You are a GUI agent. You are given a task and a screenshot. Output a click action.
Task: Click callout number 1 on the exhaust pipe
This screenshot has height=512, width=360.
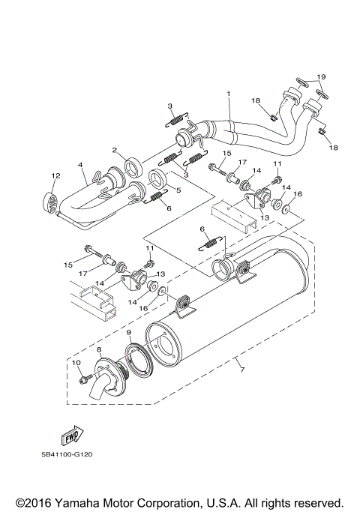229,94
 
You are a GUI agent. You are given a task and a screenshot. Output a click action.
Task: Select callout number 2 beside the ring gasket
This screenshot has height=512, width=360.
115,149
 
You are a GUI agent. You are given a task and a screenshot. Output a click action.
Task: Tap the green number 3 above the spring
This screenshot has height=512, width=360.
170,106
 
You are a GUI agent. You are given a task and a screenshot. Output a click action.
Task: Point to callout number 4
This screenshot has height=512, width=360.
79,165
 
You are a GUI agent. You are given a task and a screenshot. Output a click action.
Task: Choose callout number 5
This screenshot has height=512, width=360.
178,190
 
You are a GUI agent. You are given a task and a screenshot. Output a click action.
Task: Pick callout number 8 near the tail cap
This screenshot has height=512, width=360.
100,349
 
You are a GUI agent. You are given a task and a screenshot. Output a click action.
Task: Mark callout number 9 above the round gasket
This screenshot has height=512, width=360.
130,332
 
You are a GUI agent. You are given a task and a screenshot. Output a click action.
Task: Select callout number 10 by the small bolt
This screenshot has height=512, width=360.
76,363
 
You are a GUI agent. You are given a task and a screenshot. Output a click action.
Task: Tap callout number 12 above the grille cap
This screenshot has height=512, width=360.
55,176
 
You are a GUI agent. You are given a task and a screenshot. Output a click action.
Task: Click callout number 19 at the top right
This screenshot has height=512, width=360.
321,77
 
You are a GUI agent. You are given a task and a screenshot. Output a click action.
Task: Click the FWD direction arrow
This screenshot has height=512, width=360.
73,436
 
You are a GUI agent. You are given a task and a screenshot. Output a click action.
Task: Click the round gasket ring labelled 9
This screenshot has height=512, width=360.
137,354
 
